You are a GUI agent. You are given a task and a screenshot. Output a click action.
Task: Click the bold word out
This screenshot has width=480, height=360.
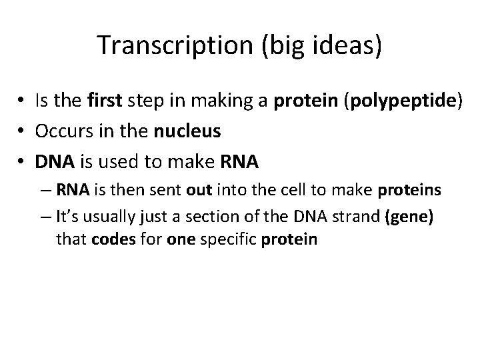[198, 191]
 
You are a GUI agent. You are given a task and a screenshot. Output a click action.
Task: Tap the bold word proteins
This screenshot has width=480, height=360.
[409, 191]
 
